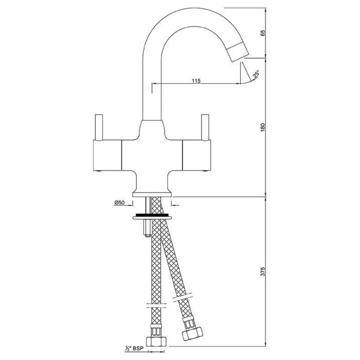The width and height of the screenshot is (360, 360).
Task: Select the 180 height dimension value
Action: [x=263, y=127]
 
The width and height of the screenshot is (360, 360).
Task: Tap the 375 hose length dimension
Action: [x=263, y=272]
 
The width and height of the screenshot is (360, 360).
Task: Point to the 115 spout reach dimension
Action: [x=196, y=81]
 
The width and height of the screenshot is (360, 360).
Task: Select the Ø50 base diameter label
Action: [x=119, y=202]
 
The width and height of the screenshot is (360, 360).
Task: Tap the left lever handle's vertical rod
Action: [x=99, y=127]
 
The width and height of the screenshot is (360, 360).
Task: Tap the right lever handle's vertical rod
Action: [x=205, y=127]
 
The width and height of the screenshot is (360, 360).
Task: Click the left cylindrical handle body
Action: [x=106, y=154]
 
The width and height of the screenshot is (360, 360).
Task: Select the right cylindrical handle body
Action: [x=197, y=154]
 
